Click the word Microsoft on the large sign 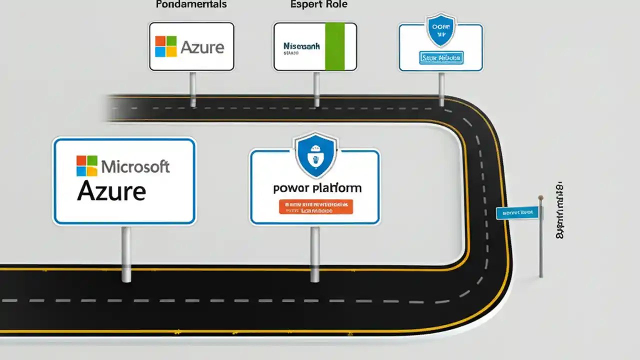pos(135,166)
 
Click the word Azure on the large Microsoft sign pos(111,191)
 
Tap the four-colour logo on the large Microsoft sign pos(87,165)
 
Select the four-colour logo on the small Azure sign pos(166,46)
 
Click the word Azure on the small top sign pos(202,47)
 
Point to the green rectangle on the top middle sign pos(334,46)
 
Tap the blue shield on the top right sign pos(440,30)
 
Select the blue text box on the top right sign pos(440,58)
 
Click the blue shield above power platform pos(315,155)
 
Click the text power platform pos(317,188)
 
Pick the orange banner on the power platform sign pos(315,207)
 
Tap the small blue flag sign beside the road pos(517,212)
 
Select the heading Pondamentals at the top pos(191,4)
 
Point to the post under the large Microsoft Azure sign pos(126,253)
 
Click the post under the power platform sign pos(315,253)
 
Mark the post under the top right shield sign pos(441,88)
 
